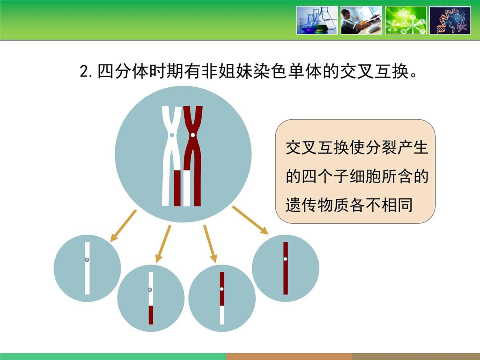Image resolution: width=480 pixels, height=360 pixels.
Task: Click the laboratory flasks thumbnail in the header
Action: click(317, 20)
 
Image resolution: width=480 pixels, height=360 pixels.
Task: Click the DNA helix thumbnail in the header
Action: click(450, 20)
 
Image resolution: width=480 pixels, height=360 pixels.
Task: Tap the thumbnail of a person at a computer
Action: click(361, 20)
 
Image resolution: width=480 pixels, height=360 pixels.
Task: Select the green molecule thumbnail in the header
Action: click(405, 20)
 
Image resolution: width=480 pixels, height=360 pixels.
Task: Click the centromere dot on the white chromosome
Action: click(172, 135)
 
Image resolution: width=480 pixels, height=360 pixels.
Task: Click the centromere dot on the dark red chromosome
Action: click(193, 135)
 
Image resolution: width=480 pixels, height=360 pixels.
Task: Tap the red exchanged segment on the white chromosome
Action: click(177, 188)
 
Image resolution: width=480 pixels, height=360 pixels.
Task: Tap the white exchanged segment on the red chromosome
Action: click(187, 188)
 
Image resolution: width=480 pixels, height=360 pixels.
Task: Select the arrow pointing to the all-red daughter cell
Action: click(250, 220)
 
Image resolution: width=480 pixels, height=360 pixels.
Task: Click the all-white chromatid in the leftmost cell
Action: click(87, 276)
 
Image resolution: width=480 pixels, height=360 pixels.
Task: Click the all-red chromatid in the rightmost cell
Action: click(286, 276)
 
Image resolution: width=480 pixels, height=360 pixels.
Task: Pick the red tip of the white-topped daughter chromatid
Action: click(151, 315)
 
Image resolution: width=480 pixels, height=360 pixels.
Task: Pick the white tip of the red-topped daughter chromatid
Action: click(222, 315)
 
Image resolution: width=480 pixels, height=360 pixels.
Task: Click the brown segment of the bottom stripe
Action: click(289, 356)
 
